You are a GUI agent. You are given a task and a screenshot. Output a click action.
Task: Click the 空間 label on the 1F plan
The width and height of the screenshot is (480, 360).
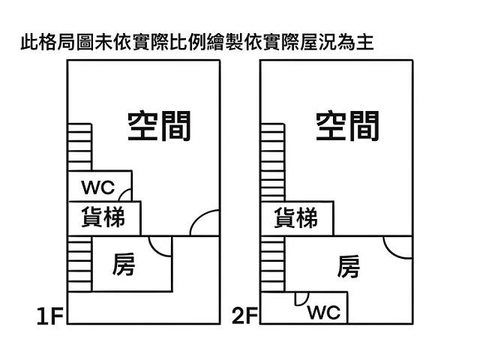click(x=159, y=126)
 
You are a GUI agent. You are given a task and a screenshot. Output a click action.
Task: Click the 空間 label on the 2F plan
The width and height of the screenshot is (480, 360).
click(x=347, y=126)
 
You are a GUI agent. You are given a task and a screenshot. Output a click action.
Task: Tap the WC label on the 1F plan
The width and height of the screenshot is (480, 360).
click(x=98, y=187)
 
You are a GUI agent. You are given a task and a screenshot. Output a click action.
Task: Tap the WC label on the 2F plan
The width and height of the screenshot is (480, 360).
click(x=324, y=311)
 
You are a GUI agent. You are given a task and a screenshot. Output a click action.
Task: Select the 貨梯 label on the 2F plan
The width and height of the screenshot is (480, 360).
click(x=296, y=219)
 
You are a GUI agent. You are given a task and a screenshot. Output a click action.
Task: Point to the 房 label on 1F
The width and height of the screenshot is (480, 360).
click(x=124, y=265)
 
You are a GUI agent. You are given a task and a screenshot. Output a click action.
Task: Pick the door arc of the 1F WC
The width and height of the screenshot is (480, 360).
click(x=126, y=195)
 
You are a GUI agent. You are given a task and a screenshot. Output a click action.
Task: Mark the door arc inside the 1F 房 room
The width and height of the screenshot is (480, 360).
click(x=160, y=245)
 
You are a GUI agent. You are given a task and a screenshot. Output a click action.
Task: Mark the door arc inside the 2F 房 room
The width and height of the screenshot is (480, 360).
click(x=397, y=246)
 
